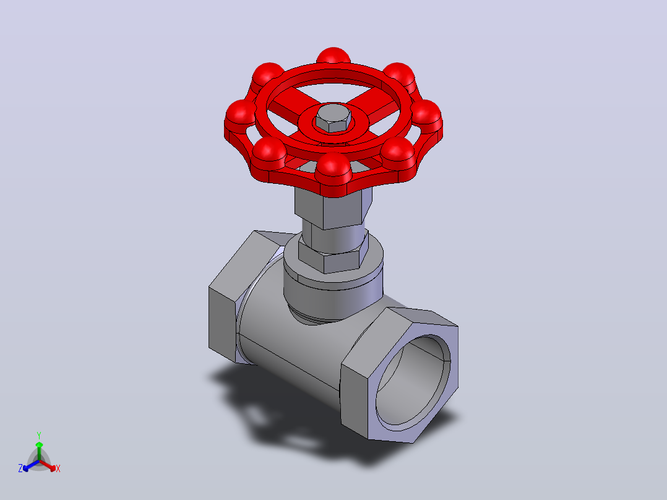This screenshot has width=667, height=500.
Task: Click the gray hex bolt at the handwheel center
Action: (x=333, y=118)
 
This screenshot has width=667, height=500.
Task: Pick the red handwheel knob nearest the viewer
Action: (x=333, y=167)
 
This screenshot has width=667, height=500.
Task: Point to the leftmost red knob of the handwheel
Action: (x=240, y=113)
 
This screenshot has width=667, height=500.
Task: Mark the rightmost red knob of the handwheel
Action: (x=427, y=113)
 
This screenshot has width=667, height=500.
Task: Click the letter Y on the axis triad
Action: (x=39, y=435)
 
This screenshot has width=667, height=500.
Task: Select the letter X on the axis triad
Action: (x=58, y=468)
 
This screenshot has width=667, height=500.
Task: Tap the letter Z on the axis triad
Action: (x=20, y=468)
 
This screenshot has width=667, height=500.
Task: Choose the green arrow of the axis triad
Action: (x=39, y=451)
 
